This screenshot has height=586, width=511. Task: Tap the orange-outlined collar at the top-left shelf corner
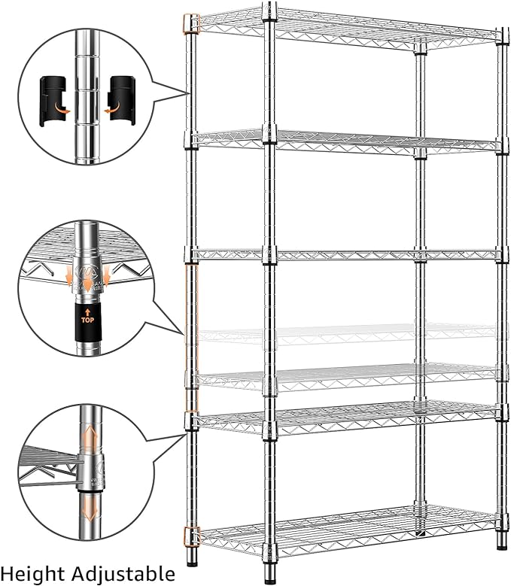point(190,23)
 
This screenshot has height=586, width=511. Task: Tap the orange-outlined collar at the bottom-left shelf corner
point(189,536)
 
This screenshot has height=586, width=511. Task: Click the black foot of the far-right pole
point(500,541)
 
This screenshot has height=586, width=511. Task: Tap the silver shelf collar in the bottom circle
point(90,471)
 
